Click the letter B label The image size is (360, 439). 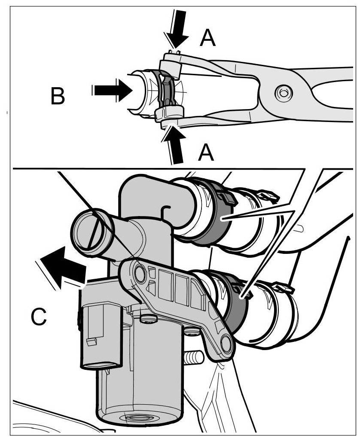58,96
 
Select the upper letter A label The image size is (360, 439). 207,39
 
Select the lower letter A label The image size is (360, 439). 206,152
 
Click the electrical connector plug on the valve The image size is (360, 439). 96,335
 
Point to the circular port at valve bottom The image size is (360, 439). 138,417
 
